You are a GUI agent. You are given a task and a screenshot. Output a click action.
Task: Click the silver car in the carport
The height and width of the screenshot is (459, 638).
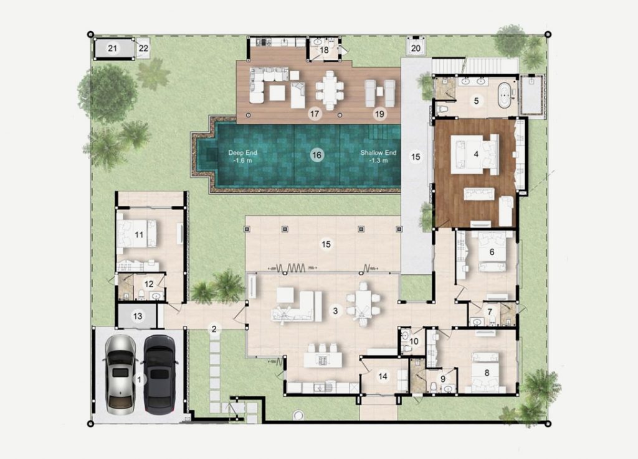pos(120,374)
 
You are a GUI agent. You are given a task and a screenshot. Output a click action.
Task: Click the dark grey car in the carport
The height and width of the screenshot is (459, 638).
pos(160,374)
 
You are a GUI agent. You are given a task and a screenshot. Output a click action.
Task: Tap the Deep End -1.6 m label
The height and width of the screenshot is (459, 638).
pos(242,156)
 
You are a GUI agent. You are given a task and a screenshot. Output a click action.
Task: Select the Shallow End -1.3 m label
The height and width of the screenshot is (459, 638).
pos(378,156)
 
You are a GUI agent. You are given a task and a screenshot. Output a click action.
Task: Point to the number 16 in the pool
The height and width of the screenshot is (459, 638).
pos(316,155)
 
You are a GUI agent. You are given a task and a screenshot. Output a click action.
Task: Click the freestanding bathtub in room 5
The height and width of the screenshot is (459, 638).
pos(504,95)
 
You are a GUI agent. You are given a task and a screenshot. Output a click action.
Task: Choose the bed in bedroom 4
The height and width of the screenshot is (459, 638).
pos(474,154)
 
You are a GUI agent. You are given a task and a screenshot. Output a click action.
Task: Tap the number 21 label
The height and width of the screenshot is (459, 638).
pos(112,49)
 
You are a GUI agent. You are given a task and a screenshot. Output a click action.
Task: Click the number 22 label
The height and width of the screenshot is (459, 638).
pos(143,48)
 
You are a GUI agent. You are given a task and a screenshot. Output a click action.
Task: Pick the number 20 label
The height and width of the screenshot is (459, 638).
pos(416,48)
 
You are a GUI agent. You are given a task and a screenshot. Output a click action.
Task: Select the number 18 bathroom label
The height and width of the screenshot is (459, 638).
pos(324,50)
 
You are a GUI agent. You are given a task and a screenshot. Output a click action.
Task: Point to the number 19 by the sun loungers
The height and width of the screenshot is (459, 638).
pos(379,114)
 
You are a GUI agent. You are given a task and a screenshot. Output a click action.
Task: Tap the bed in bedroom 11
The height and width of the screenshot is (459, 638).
pos(136,233)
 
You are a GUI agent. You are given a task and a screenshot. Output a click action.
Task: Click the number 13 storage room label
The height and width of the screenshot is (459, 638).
pos(138,316)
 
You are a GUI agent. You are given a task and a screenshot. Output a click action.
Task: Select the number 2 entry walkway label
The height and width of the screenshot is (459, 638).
pos(214,328)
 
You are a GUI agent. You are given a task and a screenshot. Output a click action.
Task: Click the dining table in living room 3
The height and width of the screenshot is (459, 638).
pos(363,304)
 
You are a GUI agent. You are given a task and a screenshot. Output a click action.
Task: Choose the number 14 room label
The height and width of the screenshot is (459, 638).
pos(383,376)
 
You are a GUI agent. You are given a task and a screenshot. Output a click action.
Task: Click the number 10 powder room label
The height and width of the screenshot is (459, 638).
pos(414,341)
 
